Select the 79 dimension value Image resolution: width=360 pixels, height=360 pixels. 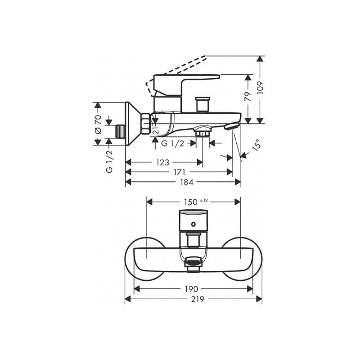tap(247, 97)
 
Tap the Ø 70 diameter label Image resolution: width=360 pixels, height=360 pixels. tap(98, 124)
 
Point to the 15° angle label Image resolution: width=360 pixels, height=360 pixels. tap(256, 145)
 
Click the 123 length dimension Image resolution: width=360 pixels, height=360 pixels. tap(162, 162)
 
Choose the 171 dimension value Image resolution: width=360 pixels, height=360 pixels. tap(179, 172)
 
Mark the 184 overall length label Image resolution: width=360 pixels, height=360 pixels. tap(187, 182)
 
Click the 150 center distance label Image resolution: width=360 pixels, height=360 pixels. tap(191, 202)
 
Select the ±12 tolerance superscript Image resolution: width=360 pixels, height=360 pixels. tap(204, 201)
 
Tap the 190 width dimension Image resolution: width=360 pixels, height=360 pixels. tap(192, 289)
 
